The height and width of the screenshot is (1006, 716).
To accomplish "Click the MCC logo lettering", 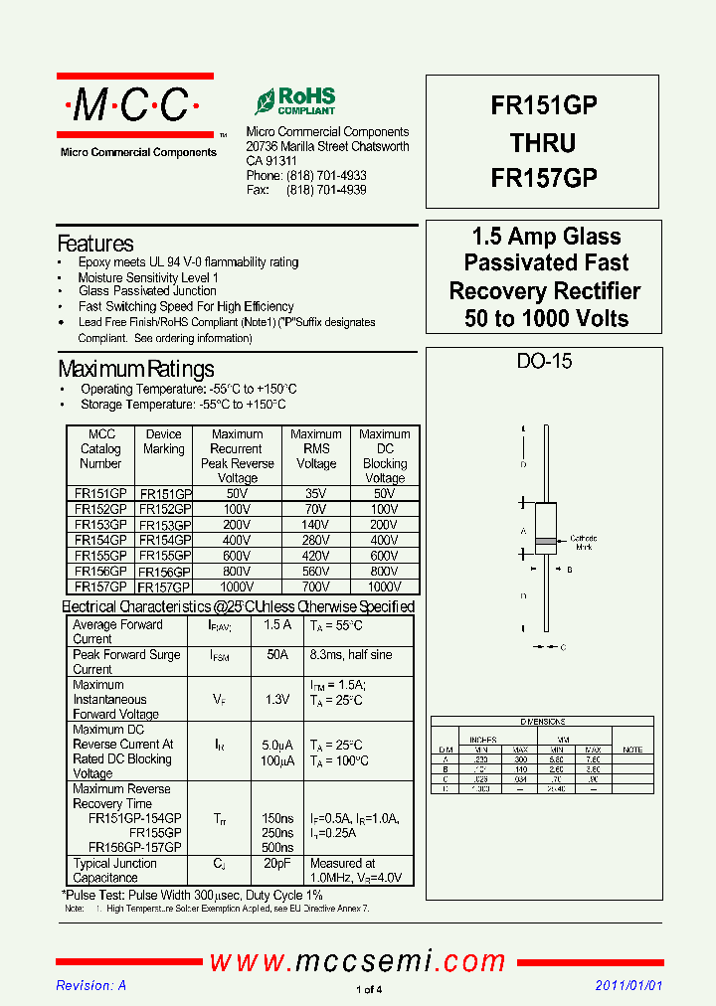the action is (x=134, y=105).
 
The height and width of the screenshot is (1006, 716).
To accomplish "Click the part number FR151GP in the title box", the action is (x=543, y=106).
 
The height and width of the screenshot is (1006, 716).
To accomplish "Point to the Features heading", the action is (x=95, y=244).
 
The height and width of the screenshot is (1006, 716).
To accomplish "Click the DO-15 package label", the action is (x=544, y=362).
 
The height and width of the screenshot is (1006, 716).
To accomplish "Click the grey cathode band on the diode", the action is (x=544, y=542).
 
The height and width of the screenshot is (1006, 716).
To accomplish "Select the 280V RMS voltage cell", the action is (x=316, y=540).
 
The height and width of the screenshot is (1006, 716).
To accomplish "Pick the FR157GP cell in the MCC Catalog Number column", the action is (x=100, y=587).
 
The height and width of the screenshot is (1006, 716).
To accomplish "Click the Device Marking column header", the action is (x=164, y=441).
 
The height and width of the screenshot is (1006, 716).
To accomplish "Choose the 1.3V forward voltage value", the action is (x=277, y=700).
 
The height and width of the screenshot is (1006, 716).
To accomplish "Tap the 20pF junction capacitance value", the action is (x=277, y=864).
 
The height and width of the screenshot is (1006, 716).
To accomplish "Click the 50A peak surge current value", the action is (x=277, y=655).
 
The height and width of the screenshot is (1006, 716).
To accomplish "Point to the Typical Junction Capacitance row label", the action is (x=114, y=871).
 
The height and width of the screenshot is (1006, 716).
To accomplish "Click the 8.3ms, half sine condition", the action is (x=351, y=655).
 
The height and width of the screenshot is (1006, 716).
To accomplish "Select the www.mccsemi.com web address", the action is (x=358, y=960).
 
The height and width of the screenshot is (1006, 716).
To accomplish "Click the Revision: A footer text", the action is (x=91, y=985).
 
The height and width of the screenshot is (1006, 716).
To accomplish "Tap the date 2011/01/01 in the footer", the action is (x=628, y=985).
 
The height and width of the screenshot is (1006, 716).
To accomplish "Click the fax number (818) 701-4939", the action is (x=326, y=189).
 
